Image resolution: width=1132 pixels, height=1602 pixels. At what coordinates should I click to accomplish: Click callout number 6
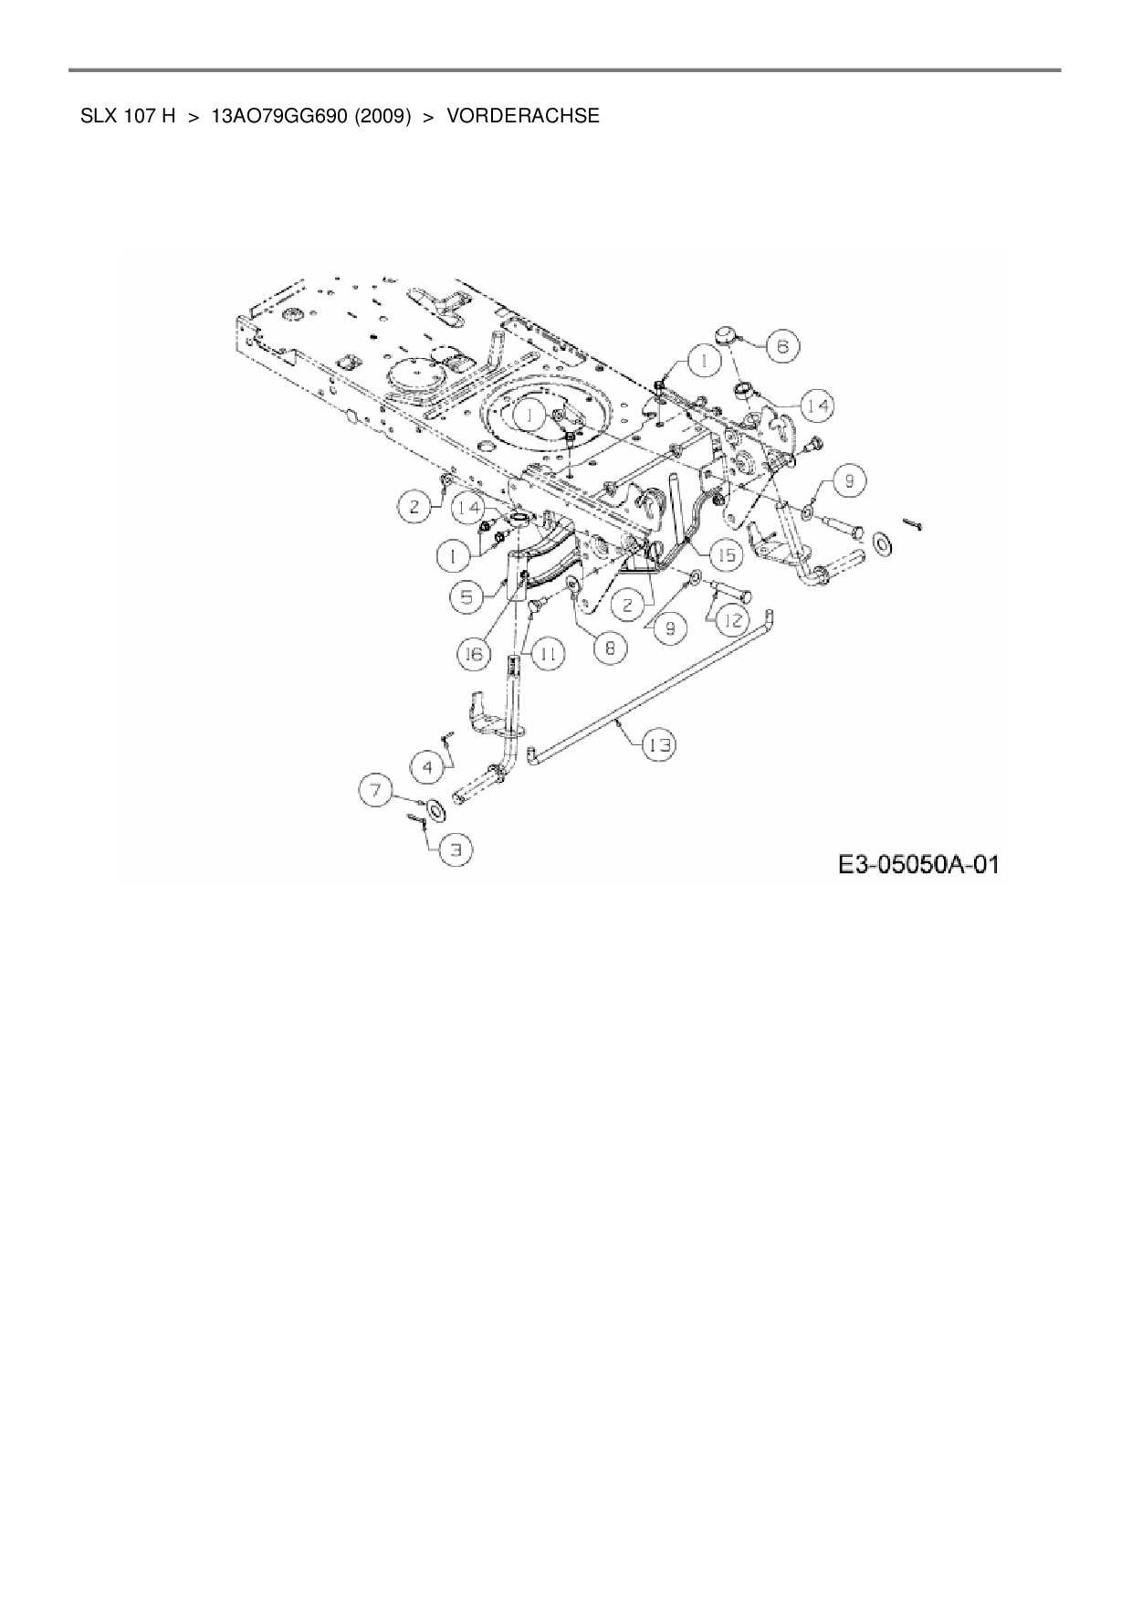click(782, 346)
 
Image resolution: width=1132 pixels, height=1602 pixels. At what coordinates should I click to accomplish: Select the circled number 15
click(728, 553)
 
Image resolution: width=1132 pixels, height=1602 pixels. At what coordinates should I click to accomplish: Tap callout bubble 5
click(467, 596)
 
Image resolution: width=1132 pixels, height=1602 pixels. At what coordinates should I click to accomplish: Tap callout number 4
click(426, 767)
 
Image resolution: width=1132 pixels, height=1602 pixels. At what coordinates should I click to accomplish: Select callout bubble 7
click(375, 788)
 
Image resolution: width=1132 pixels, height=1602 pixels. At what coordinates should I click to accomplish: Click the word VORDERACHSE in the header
click(523, 116)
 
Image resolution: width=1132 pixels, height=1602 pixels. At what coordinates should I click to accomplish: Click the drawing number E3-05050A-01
click(918, 863)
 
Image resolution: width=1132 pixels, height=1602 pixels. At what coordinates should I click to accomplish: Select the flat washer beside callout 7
click(433, 809)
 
